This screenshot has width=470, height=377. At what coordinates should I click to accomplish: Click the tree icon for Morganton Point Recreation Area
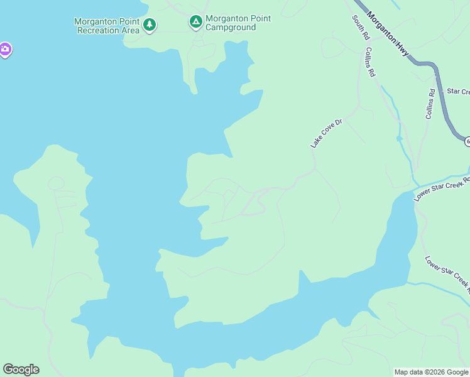point(149,25)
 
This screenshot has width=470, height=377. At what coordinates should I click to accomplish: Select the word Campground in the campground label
point(231,28)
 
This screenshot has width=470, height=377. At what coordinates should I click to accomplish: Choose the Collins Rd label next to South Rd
point(369,62)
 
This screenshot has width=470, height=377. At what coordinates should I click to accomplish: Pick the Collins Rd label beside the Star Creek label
point(430,104)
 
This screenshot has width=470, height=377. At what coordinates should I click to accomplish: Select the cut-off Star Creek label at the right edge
point(458,92)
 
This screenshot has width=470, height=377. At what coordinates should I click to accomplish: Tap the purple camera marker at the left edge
point(4,49)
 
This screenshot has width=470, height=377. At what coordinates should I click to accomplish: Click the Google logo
point(21,369)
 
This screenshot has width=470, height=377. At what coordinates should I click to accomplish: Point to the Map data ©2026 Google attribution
point(431,372)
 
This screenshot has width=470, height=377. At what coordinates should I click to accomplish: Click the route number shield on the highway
point(467,141)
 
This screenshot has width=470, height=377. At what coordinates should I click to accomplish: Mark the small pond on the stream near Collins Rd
point(399,138)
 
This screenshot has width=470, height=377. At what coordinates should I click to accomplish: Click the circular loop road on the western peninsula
point(56,183)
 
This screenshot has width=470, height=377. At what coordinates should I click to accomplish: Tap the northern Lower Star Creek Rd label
point(442,189)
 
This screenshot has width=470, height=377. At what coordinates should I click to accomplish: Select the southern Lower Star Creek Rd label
point(447,274)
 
